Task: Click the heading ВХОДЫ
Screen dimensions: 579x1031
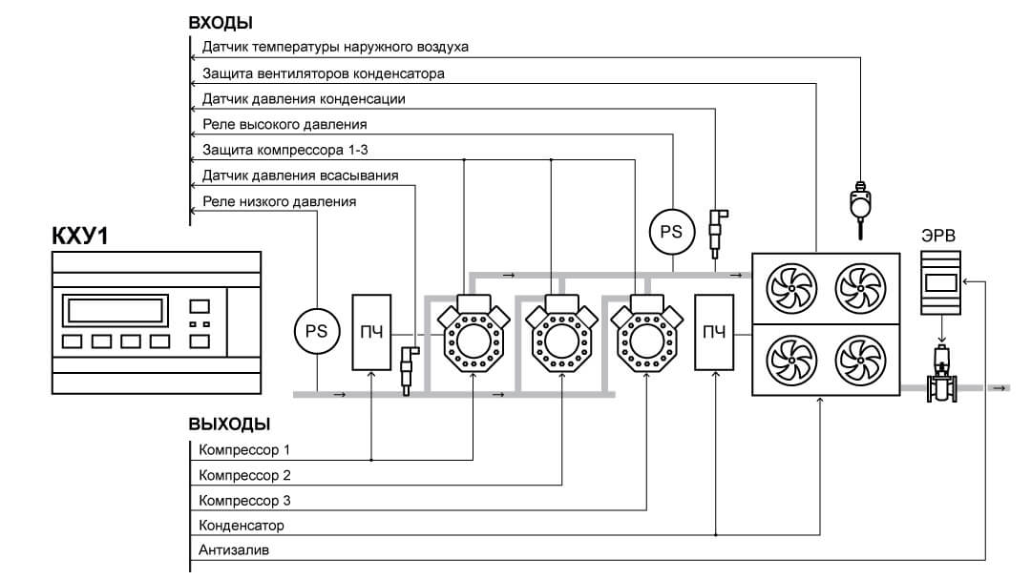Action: (221, 22)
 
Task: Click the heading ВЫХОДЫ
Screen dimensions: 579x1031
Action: (229, 424)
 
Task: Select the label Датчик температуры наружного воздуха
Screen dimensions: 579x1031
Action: (335, 47)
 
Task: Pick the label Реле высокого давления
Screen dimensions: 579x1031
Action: (284, 124)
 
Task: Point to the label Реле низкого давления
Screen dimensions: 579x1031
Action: (279, 201)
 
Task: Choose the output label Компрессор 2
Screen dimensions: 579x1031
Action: (244, 475)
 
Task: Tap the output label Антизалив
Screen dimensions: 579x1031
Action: (234, 550)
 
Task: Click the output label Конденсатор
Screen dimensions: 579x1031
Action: (242, 526)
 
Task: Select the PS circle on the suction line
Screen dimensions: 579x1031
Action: (315, 331)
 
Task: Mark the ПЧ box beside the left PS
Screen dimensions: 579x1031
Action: (371, 332)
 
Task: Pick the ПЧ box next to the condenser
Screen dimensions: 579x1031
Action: (714, 332)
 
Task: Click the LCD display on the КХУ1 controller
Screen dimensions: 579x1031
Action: (116, 310)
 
